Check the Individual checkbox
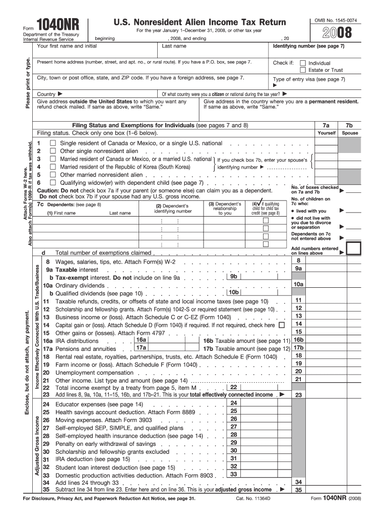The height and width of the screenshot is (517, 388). [x=302, y=63]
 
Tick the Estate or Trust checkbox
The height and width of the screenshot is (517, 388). [x=302, y=70]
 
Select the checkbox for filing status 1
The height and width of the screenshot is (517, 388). [x=52, y=143]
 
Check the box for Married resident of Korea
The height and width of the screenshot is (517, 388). [x=52, y=167]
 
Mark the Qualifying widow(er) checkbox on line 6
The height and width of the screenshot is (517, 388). [x=52, y=182]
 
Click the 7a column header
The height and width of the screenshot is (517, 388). [x=326, y=125]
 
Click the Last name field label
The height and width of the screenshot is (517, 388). [x=174, y=46]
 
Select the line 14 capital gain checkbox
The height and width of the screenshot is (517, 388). [x=281, y=325]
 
